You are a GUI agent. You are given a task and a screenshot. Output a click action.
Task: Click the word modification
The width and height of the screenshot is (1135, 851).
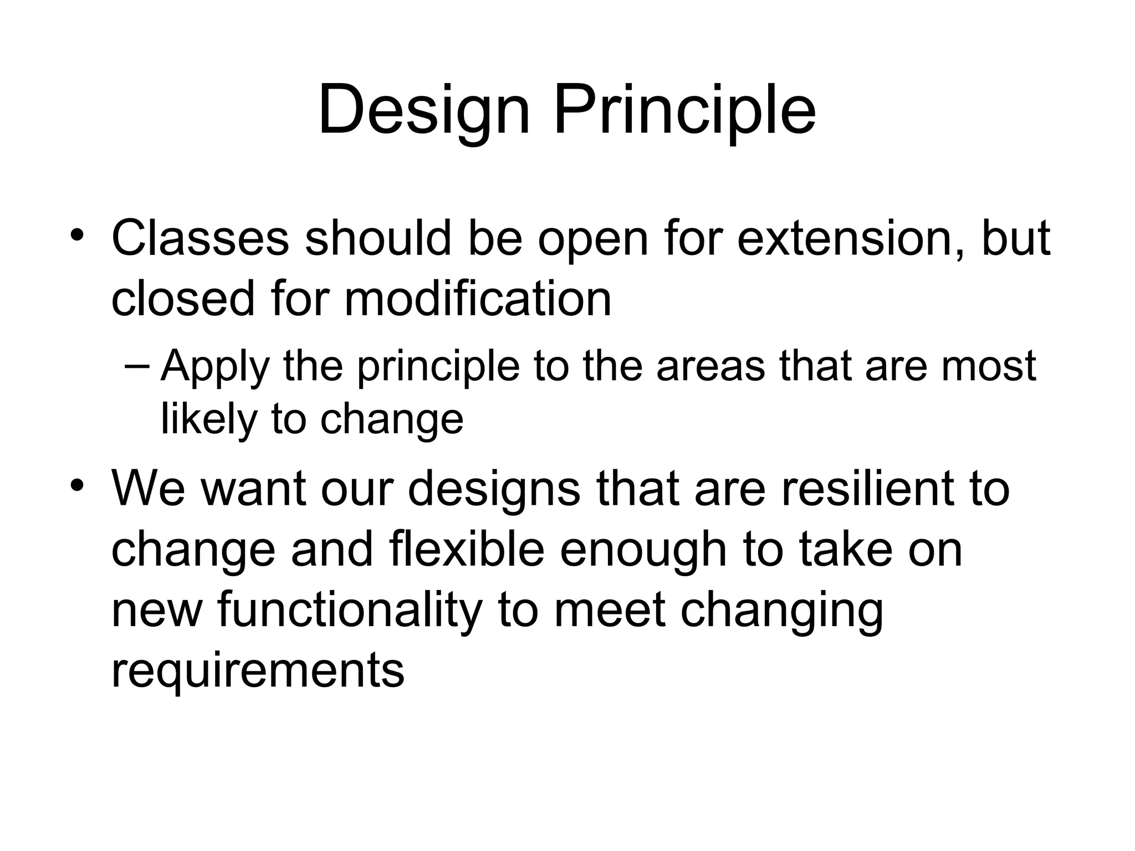point(478,300)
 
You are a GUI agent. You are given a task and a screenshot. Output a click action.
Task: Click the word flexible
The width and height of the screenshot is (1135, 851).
point(467,550)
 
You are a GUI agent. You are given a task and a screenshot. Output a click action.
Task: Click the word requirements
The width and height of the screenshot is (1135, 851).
point(258,671)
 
